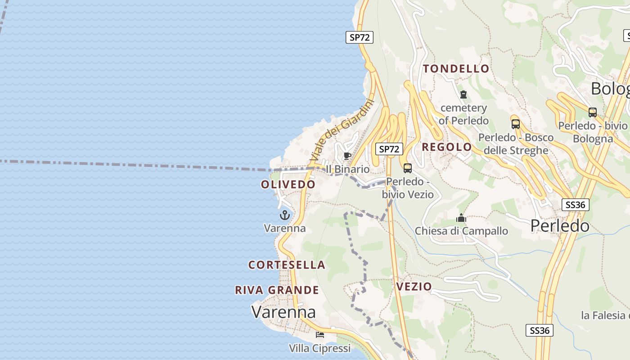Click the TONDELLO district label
[456, 69]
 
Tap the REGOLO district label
[446, 147]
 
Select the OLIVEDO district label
[288, 184]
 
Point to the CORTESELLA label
[287, 265]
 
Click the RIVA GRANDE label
[277, 290]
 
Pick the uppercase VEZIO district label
[414, 287]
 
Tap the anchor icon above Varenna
[284, 215]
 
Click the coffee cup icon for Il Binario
[347, 156]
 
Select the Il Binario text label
[347, 169]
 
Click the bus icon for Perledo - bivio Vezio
[408, 168]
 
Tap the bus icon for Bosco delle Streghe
[516, 124]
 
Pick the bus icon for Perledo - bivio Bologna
[593, 112]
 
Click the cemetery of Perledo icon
[463, 94]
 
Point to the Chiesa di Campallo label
[461, 231]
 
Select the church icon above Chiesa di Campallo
[461, 218]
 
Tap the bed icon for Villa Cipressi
[320, 335]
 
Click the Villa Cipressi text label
[319, 348]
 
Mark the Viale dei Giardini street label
[342, 130]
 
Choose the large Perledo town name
[560, 225]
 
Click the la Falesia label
[605, 315]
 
